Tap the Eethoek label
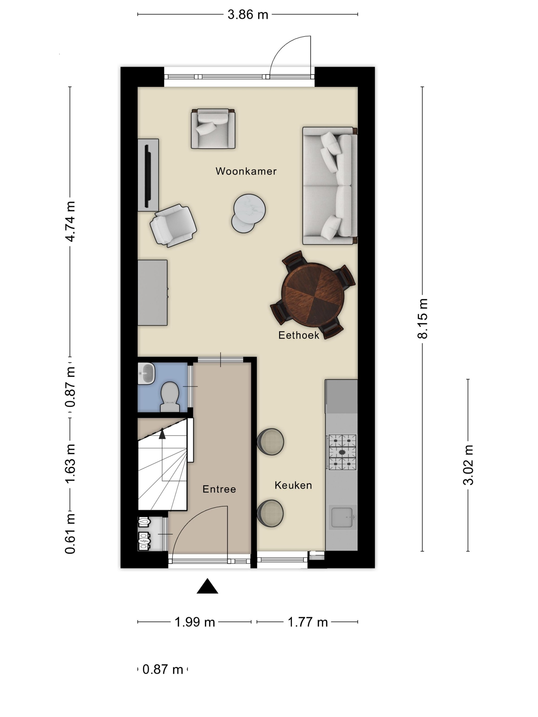click(299, 335)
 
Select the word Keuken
click(293, 485)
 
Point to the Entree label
click(219, 489)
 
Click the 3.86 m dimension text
click(248, 15)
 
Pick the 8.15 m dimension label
click(422, 319)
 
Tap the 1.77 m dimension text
click(308, 622)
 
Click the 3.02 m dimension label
click(468, 465)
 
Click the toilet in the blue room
click(170, 396)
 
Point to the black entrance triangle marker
click(207, 586)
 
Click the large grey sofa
click(330, 186)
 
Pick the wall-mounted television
click(148, 175)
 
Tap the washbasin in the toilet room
click(146, 373)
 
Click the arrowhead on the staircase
click(162, 434)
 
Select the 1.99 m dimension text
click(194, 622)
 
